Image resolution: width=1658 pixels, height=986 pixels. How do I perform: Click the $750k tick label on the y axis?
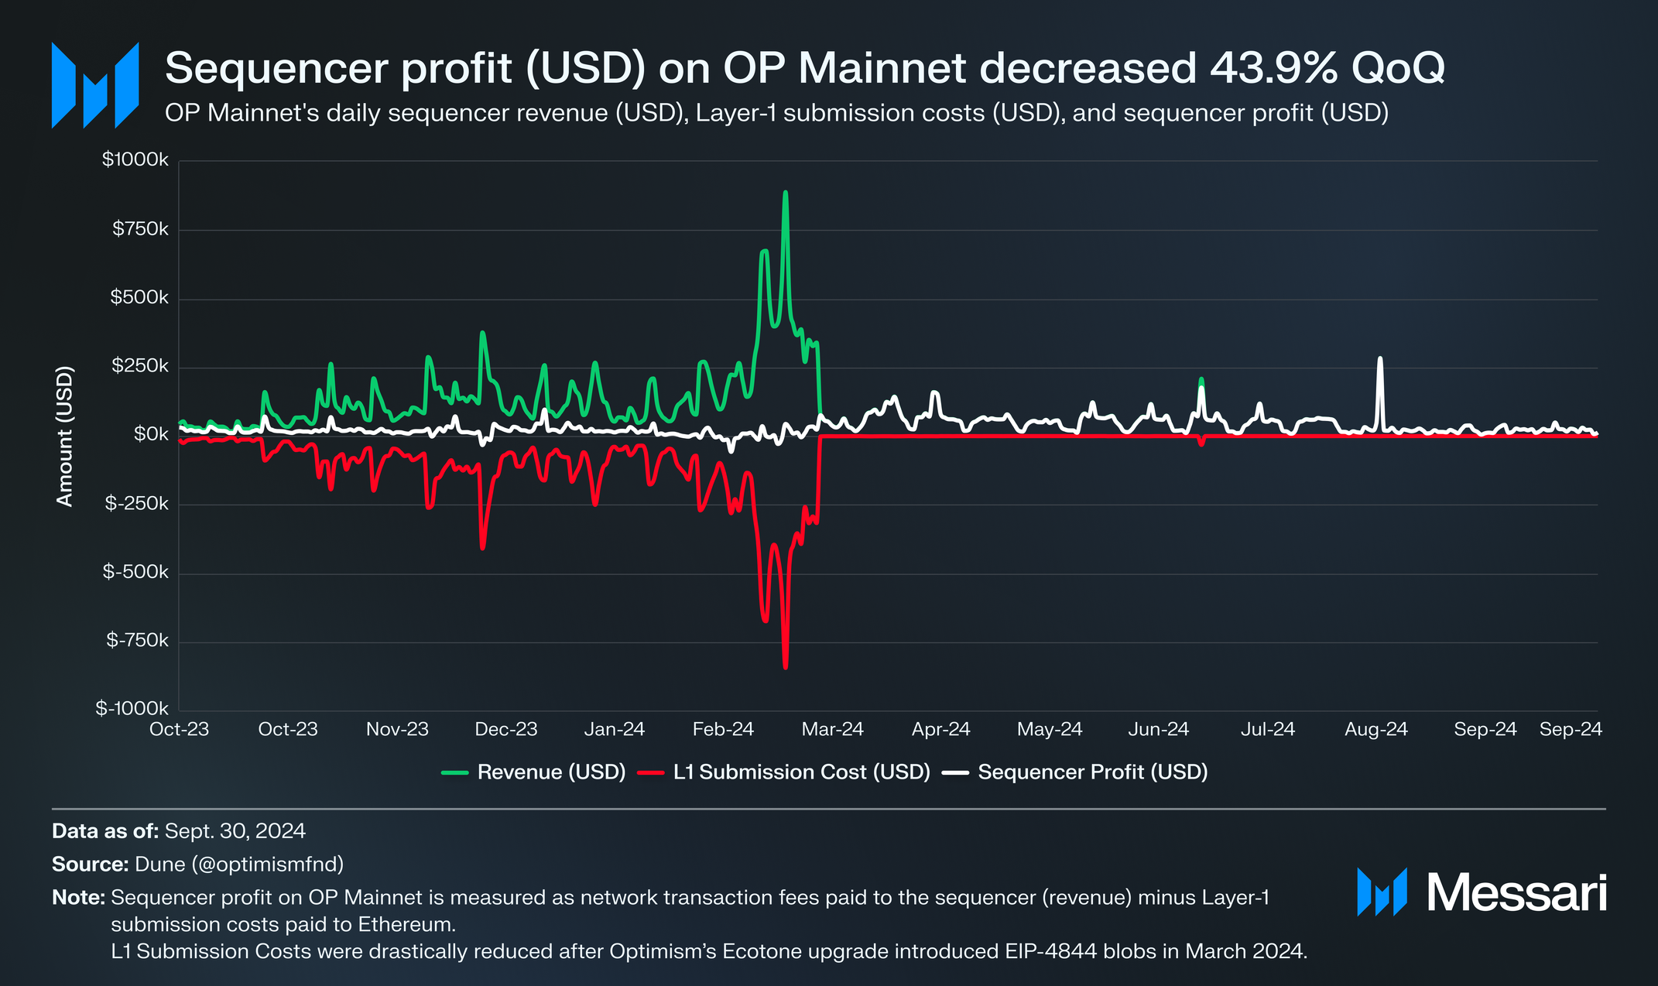point(140,229)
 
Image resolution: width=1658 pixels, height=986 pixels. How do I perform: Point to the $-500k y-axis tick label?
point(135,572)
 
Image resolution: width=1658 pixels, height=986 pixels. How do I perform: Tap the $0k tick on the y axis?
point(151,435)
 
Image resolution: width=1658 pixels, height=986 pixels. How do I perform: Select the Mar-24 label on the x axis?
point(832,729)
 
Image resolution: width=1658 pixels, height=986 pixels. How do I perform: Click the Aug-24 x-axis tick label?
point(1375,729)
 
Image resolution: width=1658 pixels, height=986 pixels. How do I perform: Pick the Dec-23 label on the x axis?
point(505,729)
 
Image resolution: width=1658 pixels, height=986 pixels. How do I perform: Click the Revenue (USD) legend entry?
point(550,772)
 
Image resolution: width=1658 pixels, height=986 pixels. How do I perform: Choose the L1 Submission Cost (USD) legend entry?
point(801,772)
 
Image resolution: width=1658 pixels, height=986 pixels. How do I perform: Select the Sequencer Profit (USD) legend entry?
point(1092,772)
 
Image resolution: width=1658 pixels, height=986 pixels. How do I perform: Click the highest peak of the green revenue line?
point(785,193)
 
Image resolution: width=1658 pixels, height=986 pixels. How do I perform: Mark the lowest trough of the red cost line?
point(785,667)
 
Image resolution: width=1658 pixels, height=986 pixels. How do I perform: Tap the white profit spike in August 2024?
point(1379,359)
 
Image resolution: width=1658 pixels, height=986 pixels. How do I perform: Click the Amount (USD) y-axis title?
point(65,436)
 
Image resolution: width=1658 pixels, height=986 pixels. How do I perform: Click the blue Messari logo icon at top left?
point(95,85)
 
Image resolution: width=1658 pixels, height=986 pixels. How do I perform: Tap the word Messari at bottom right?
point(1516,893)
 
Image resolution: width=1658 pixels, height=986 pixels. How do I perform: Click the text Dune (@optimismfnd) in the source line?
point(238,864)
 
